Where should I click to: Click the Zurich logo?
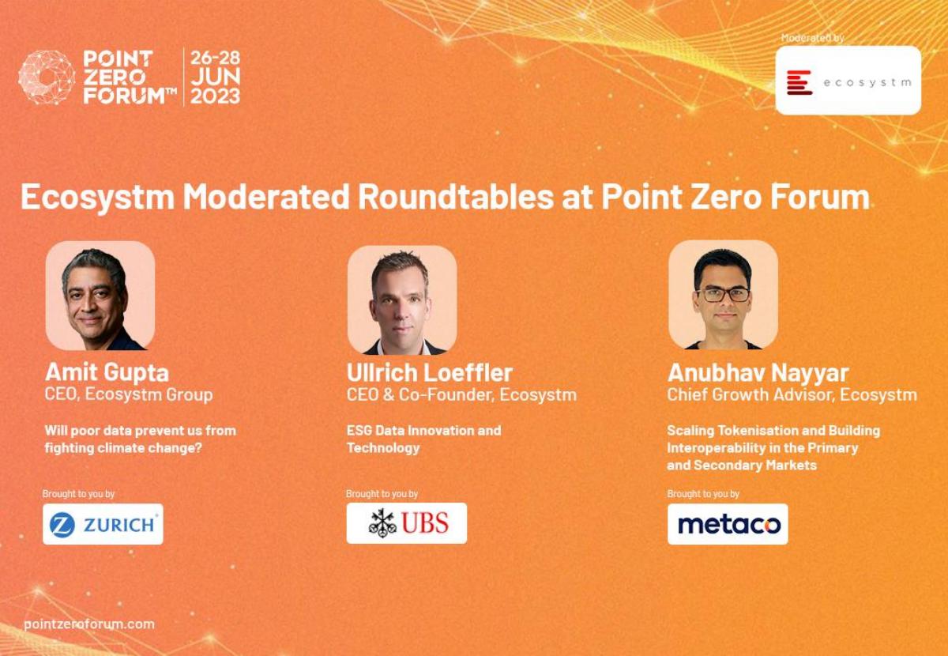[103, 524]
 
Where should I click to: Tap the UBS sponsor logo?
[407, 523]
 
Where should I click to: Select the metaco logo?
[728, 524]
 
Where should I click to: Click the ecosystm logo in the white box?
[848, 81]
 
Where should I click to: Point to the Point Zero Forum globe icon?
[47, 77]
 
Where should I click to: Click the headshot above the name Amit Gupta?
[100, 296]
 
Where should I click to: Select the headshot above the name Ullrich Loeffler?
[402, 300]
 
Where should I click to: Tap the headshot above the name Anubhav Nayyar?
[724, 295]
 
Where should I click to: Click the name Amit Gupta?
[107, 373]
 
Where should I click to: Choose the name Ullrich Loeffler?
[430, 373]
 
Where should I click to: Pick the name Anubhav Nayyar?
[758, 373]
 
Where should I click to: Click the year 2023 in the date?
[215, 96]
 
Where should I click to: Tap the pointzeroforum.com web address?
[89, 624]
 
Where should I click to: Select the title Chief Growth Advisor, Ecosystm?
[792, 394]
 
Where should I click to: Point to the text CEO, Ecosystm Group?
[129, 394]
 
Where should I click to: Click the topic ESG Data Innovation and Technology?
[423, 439]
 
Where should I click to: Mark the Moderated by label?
[813, 38]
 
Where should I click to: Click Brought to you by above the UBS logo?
[382, 494]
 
